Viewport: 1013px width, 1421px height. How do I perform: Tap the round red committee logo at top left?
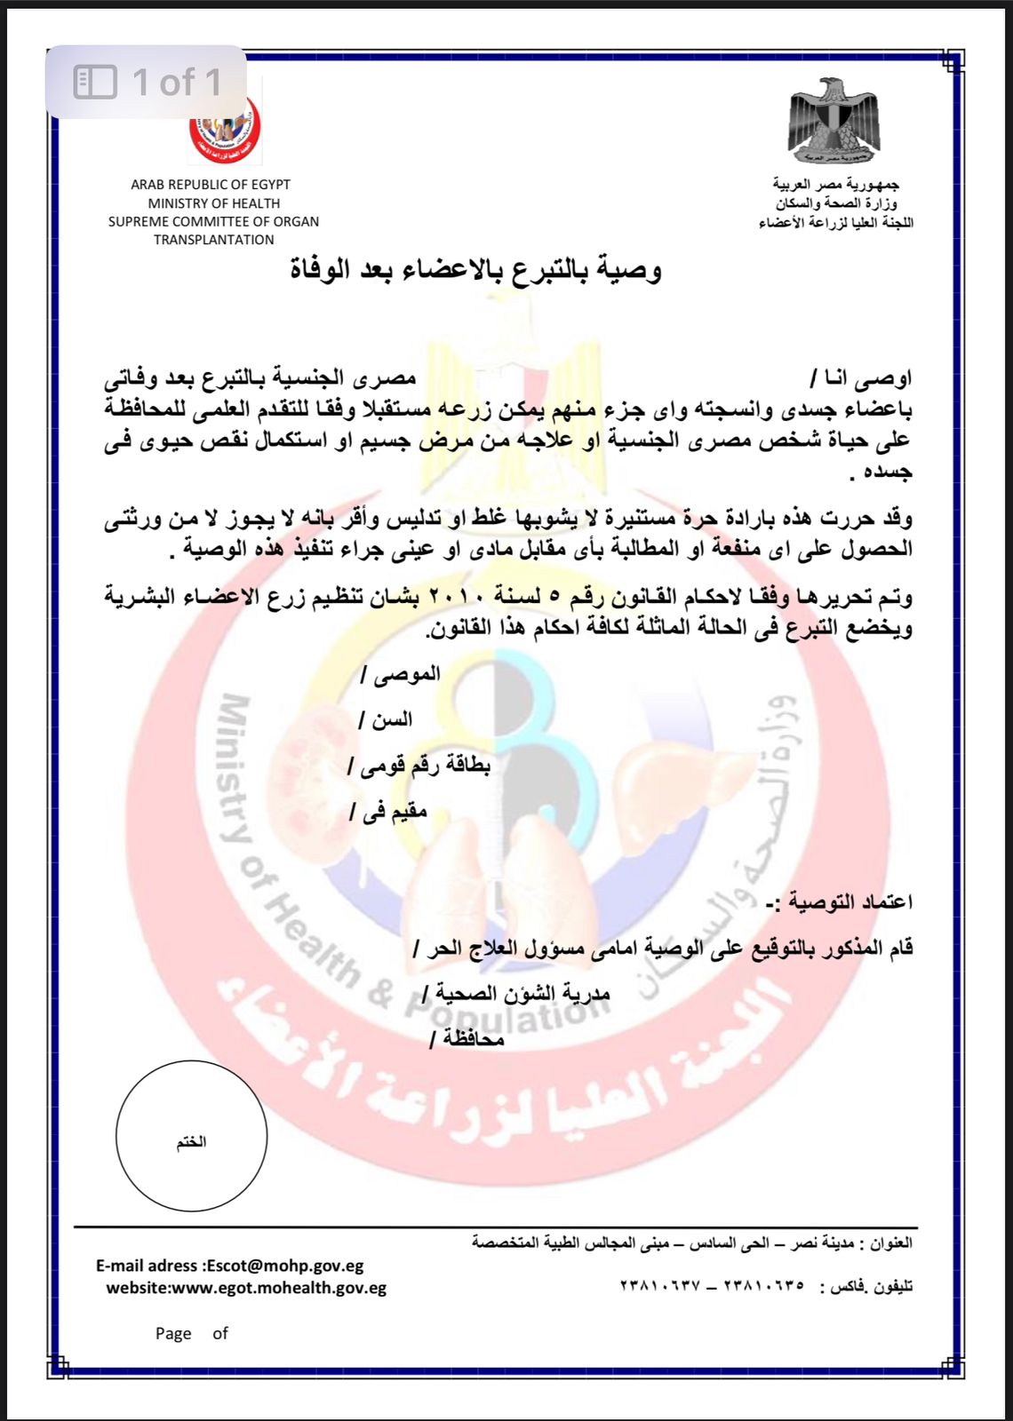(226, 130)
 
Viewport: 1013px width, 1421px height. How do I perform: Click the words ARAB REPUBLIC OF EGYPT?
(211, 185)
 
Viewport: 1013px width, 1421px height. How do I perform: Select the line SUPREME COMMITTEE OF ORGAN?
(213, 221)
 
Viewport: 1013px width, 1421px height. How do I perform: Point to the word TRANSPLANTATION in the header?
(213, 240)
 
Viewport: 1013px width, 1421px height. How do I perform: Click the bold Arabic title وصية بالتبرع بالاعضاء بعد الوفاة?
(476, 269)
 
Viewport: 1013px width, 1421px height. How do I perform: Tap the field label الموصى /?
(401, 674)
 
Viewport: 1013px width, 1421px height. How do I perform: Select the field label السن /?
(386, 719)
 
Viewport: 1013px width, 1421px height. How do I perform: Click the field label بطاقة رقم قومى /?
(419, 766)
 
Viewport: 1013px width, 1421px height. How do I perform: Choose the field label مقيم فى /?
(389, 812)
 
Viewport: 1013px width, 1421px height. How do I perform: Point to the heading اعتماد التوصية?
(839, 902)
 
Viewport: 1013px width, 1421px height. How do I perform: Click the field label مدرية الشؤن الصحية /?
(516, 994)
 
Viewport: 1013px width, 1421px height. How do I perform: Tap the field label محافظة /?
(467, 1039)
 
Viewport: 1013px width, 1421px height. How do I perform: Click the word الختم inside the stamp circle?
(191, 1141)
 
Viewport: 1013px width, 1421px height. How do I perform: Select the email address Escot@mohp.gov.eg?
(284, 1266)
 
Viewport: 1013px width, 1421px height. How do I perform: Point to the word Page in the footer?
(173, 1333)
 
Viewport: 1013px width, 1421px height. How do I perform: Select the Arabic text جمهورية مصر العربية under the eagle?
(835, 185)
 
